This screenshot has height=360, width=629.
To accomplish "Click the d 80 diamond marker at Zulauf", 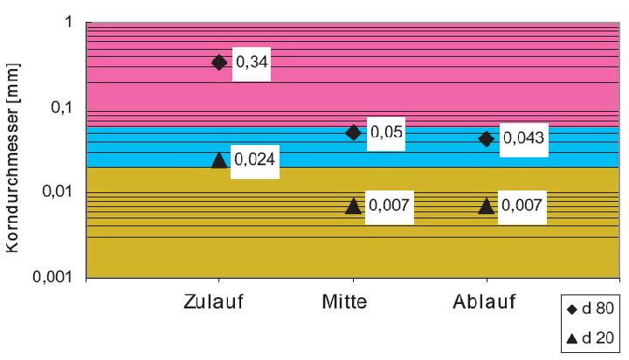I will tap(219, 62).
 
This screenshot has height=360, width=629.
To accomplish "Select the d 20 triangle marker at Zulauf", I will tap(219, 159).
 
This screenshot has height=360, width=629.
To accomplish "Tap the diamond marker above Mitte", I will tap(353, 132).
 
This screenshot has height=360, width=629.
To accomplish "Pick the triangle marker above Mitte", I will tap(353, 206).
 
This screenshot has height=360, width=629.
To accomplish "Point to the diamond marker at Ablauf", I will tap(487, 139).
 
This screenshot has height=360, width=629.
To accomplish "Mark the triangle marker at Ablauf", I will tap(487, 206).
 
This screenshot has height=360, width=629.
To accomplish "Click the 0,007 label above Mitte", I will tap(389, 206).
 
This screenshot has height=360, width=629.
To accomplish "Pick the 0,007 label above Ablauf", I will tap(522, 206).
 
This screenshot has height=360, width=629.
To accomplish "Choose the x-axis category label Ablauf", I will tap(485, 304).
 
